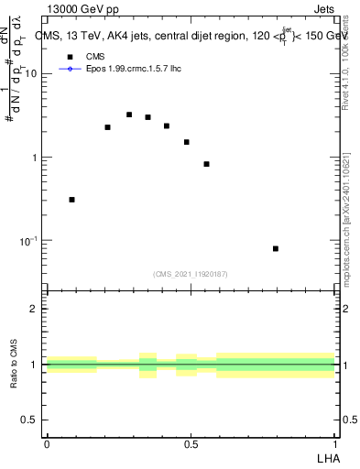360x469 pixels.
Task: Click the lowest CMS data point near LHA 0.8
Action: pos(276,248)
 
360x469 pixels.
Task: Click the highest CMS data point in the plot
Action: pos(129,115)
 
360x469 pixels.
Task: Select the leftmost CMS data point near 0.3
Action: pos(71,199)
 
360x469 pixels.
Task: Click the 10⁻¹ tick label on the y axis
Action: pos(30,240)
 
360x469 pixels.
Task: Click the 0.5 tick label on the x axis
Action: pos(191,444)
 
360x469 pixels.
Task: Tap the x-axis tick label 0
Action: pos(47,444)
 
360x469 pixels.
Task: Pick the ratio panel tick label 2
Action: pos(36,309)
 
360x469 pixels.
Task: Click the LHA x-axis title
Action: pos(326,458)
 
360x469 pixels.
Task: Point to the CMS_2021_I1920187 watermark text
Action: pos(191,273)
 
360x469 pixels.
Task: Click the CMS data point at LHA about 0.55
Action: pos(207,164)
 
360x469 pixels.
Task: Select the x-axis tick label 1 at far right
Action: pos(334,444)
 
